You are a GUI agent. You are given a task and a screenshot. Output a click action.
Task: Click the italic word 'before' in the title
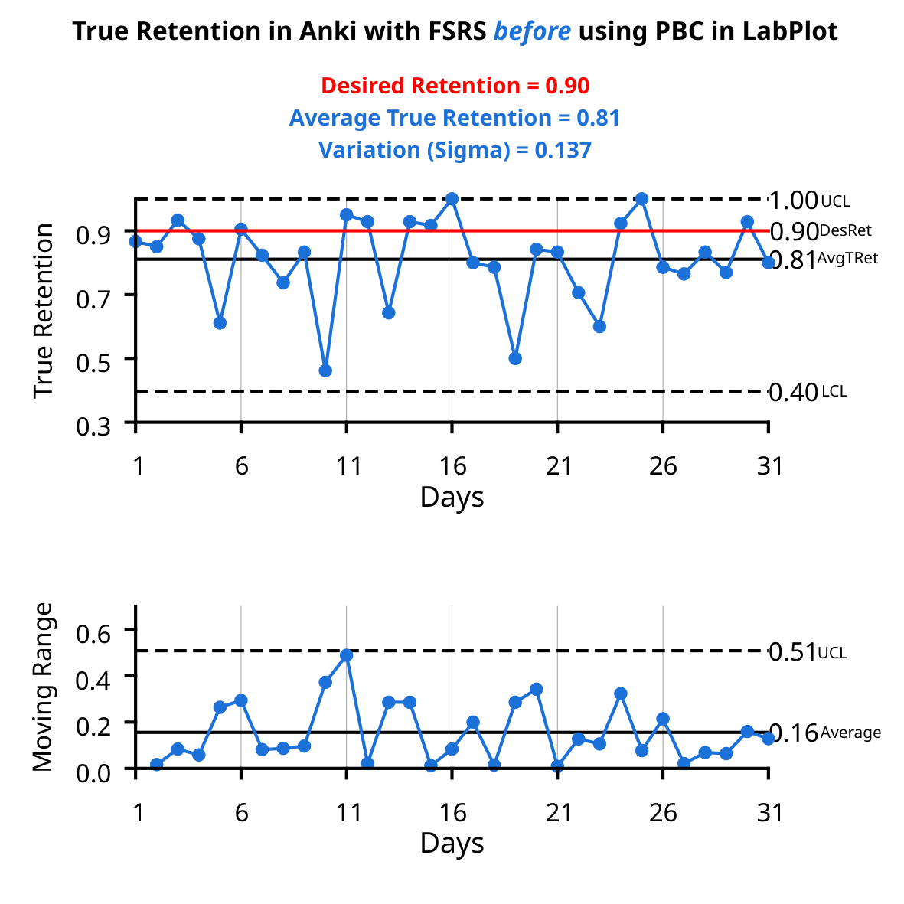(532, 31)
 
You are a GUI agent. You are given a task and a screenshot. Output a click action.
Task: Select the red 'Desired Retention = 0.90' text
(455, 86)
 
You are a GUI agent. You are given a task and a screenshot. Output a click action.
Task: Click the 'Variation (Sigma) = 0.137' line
(455, 150)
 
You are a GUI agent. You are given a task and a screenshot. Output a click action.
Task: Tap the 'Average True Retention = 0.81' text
(455, 118)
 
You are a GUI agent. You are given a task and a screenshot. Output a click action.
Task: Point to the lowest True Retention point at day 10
(325, 370)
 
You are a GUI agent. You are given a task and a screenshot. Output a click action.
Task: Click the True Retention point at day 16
(452, 199)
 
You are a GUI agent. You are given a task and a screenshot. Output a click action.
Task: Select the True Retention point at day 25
(642, 199)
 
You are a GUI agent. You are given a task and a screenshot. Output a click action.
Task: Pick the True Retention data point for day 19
(515, 358)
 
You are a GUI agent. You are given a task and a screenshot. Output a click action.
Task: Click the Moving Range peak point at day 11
(347, 655)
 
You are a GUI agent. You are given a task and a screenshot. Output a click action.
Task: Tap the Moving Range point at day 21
(557, 766)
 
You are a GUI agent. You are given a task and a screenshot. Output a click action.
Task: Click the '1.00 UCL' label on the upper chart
(808, 201)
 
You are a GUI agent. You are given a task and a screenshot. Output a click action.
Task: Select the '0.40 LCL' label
(807, 392)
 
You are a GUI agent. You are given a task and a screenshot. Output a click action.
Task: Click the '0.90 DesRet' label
(820, 230)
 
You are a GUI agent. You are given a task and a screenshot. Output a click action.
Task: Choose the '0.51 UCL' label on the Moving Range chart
(807, 652)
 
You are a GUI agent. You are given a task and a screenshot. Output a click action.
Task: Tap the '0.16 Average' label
(824, 733)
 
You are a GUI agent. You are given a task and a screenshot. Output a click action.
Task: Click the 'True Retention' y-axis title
(44, 310)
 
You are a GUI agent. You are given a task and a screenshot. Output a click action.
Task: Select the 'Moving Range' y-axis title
(44, 687)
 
